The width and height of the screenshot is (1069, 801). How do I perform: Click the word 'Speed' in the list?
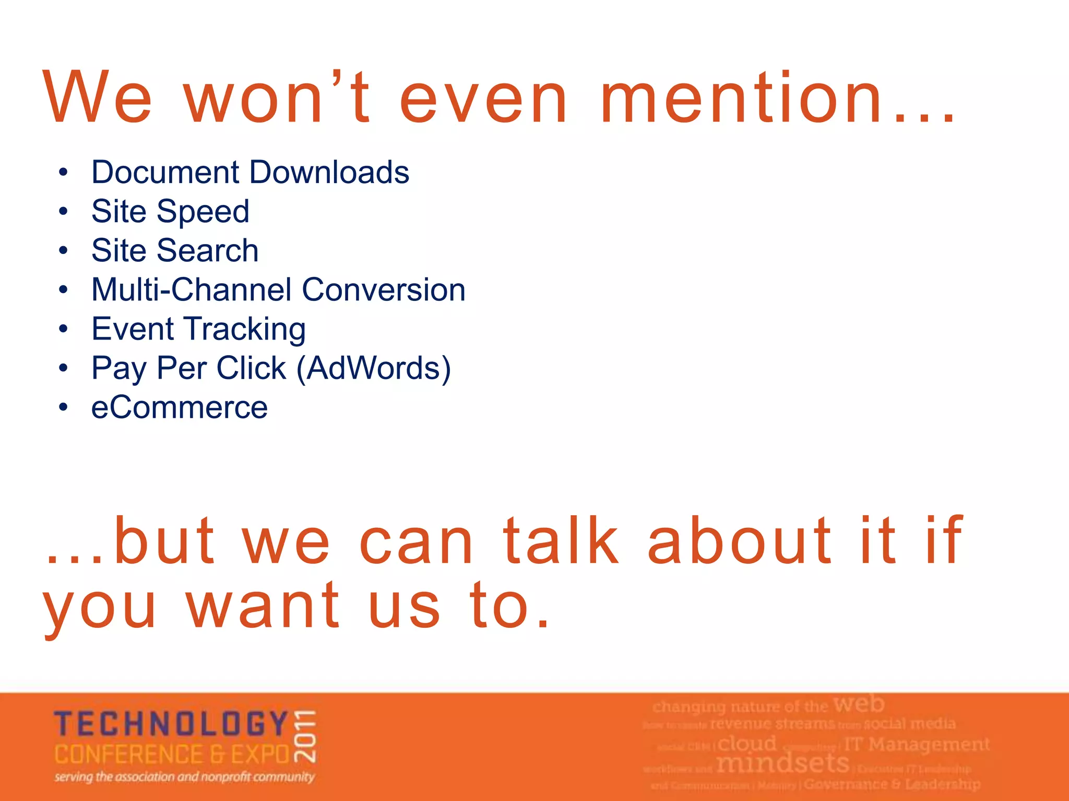[x=203, y=212]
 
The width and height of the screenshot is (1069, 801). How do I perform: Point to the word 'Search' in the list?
[x=207, y=250]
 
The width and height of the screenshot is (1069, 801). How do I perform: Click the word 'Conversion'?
[x=384, y=289]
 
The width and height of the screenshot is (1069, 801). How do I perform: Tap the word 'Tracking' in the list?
[x=246, y=330]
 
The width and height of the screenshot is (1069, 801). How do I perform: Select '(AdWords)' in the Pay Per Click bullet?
[x=373, y=368]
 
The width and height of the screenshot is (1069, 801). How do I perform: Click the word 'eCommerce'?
[x=179, y=407]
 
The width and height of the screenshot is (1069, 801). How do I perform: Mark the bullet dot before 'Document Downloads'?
[x=63, y=173]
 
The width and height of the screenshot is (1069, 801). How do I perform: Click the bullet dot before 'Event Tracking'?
[x=63, y=329]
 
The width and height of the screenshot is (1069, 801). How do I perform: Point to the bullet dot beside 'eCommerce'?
[x=63, y=407]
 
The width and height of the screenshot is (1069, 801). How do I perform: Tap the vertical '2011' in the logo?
[x=305, y=736]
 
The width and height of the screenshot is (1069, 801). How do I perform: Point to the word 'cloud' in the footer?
[x=747, y=743]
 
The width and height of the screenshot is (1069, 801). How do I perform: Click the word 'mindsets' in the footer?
[x=782, y=763]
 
